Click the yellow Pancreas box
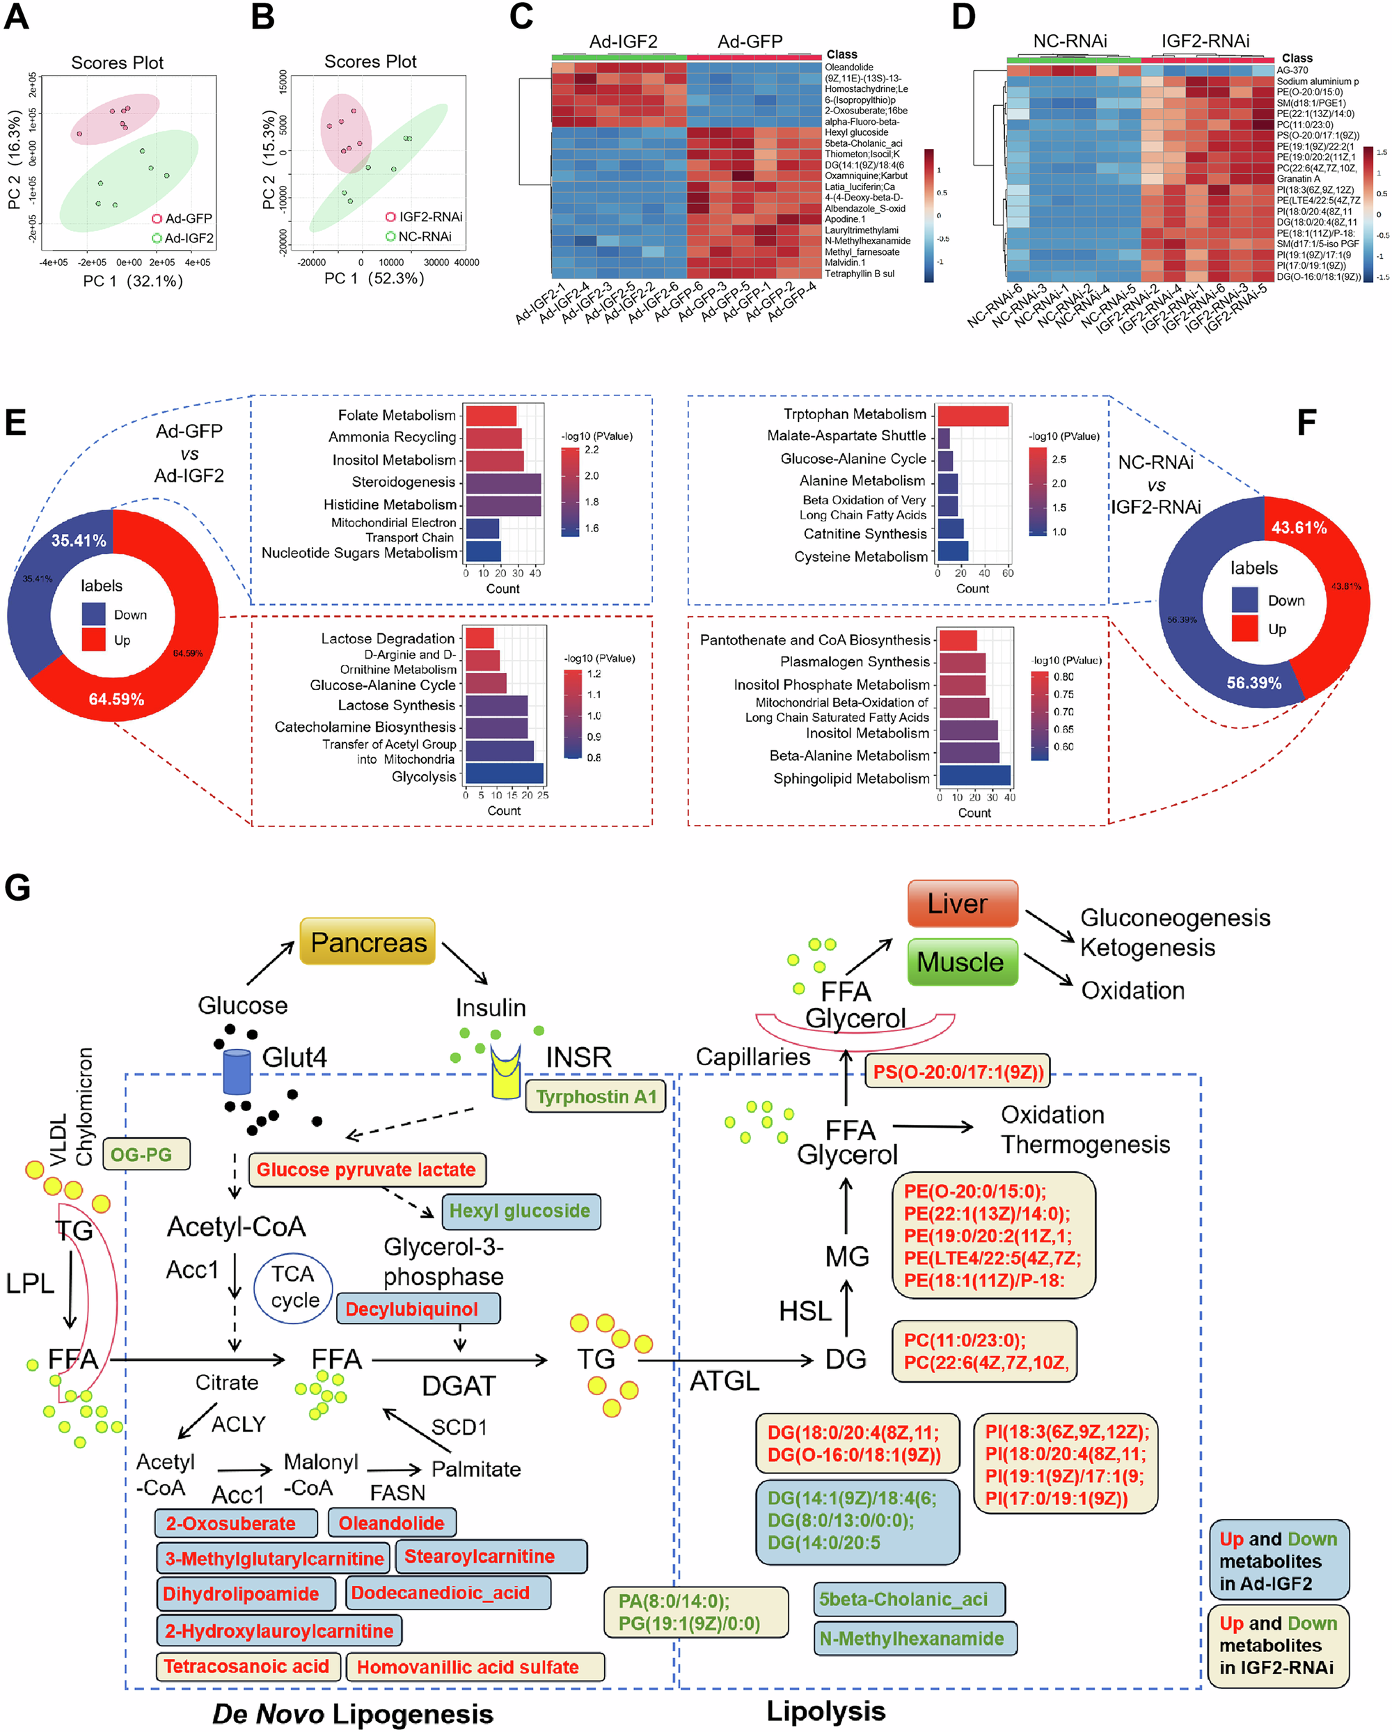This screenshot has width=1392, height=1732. tap(368, 941)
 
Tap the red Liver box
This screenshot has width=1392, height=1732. tap(963, 903)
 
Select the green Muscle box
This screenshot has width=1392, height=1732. tap(963, 961)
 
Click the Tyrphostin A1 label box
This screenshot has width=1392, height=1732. tap(595, 1096)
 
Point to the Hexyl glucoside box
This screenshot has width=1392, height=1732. tap(520, 1211)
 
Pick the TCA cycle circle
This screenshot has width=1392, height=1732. tap(293, 1287)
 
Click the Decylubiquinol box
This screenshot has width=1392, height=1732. tap(418, 1309)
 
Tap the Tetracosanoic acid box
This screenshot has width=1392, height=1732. tap(247, 1666)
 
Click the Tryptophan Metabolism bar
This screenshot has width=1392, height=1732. tap(972, 416)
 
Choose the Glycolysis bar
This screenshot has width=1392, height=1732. tap(504, 773)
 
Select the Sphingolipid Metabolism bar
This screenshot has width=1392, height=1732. tap(974, 776)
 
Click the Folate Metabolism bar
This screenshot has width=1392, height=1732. tap(491, 416)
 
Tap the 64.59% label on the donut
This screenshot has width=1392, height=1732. tap(116, 699)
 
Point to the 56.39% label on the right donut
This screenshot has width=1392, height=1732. tap(1253, 683)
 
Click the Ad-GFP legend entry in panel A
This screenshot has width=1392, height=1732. tap(182, 219)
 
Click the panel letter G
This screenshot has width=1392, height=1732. tap(17, 888)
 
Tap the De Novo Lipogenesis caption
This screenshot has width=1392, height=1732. tap(353, 1713)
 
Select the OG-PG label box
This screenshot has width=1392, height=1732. tap(145, 1154)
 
